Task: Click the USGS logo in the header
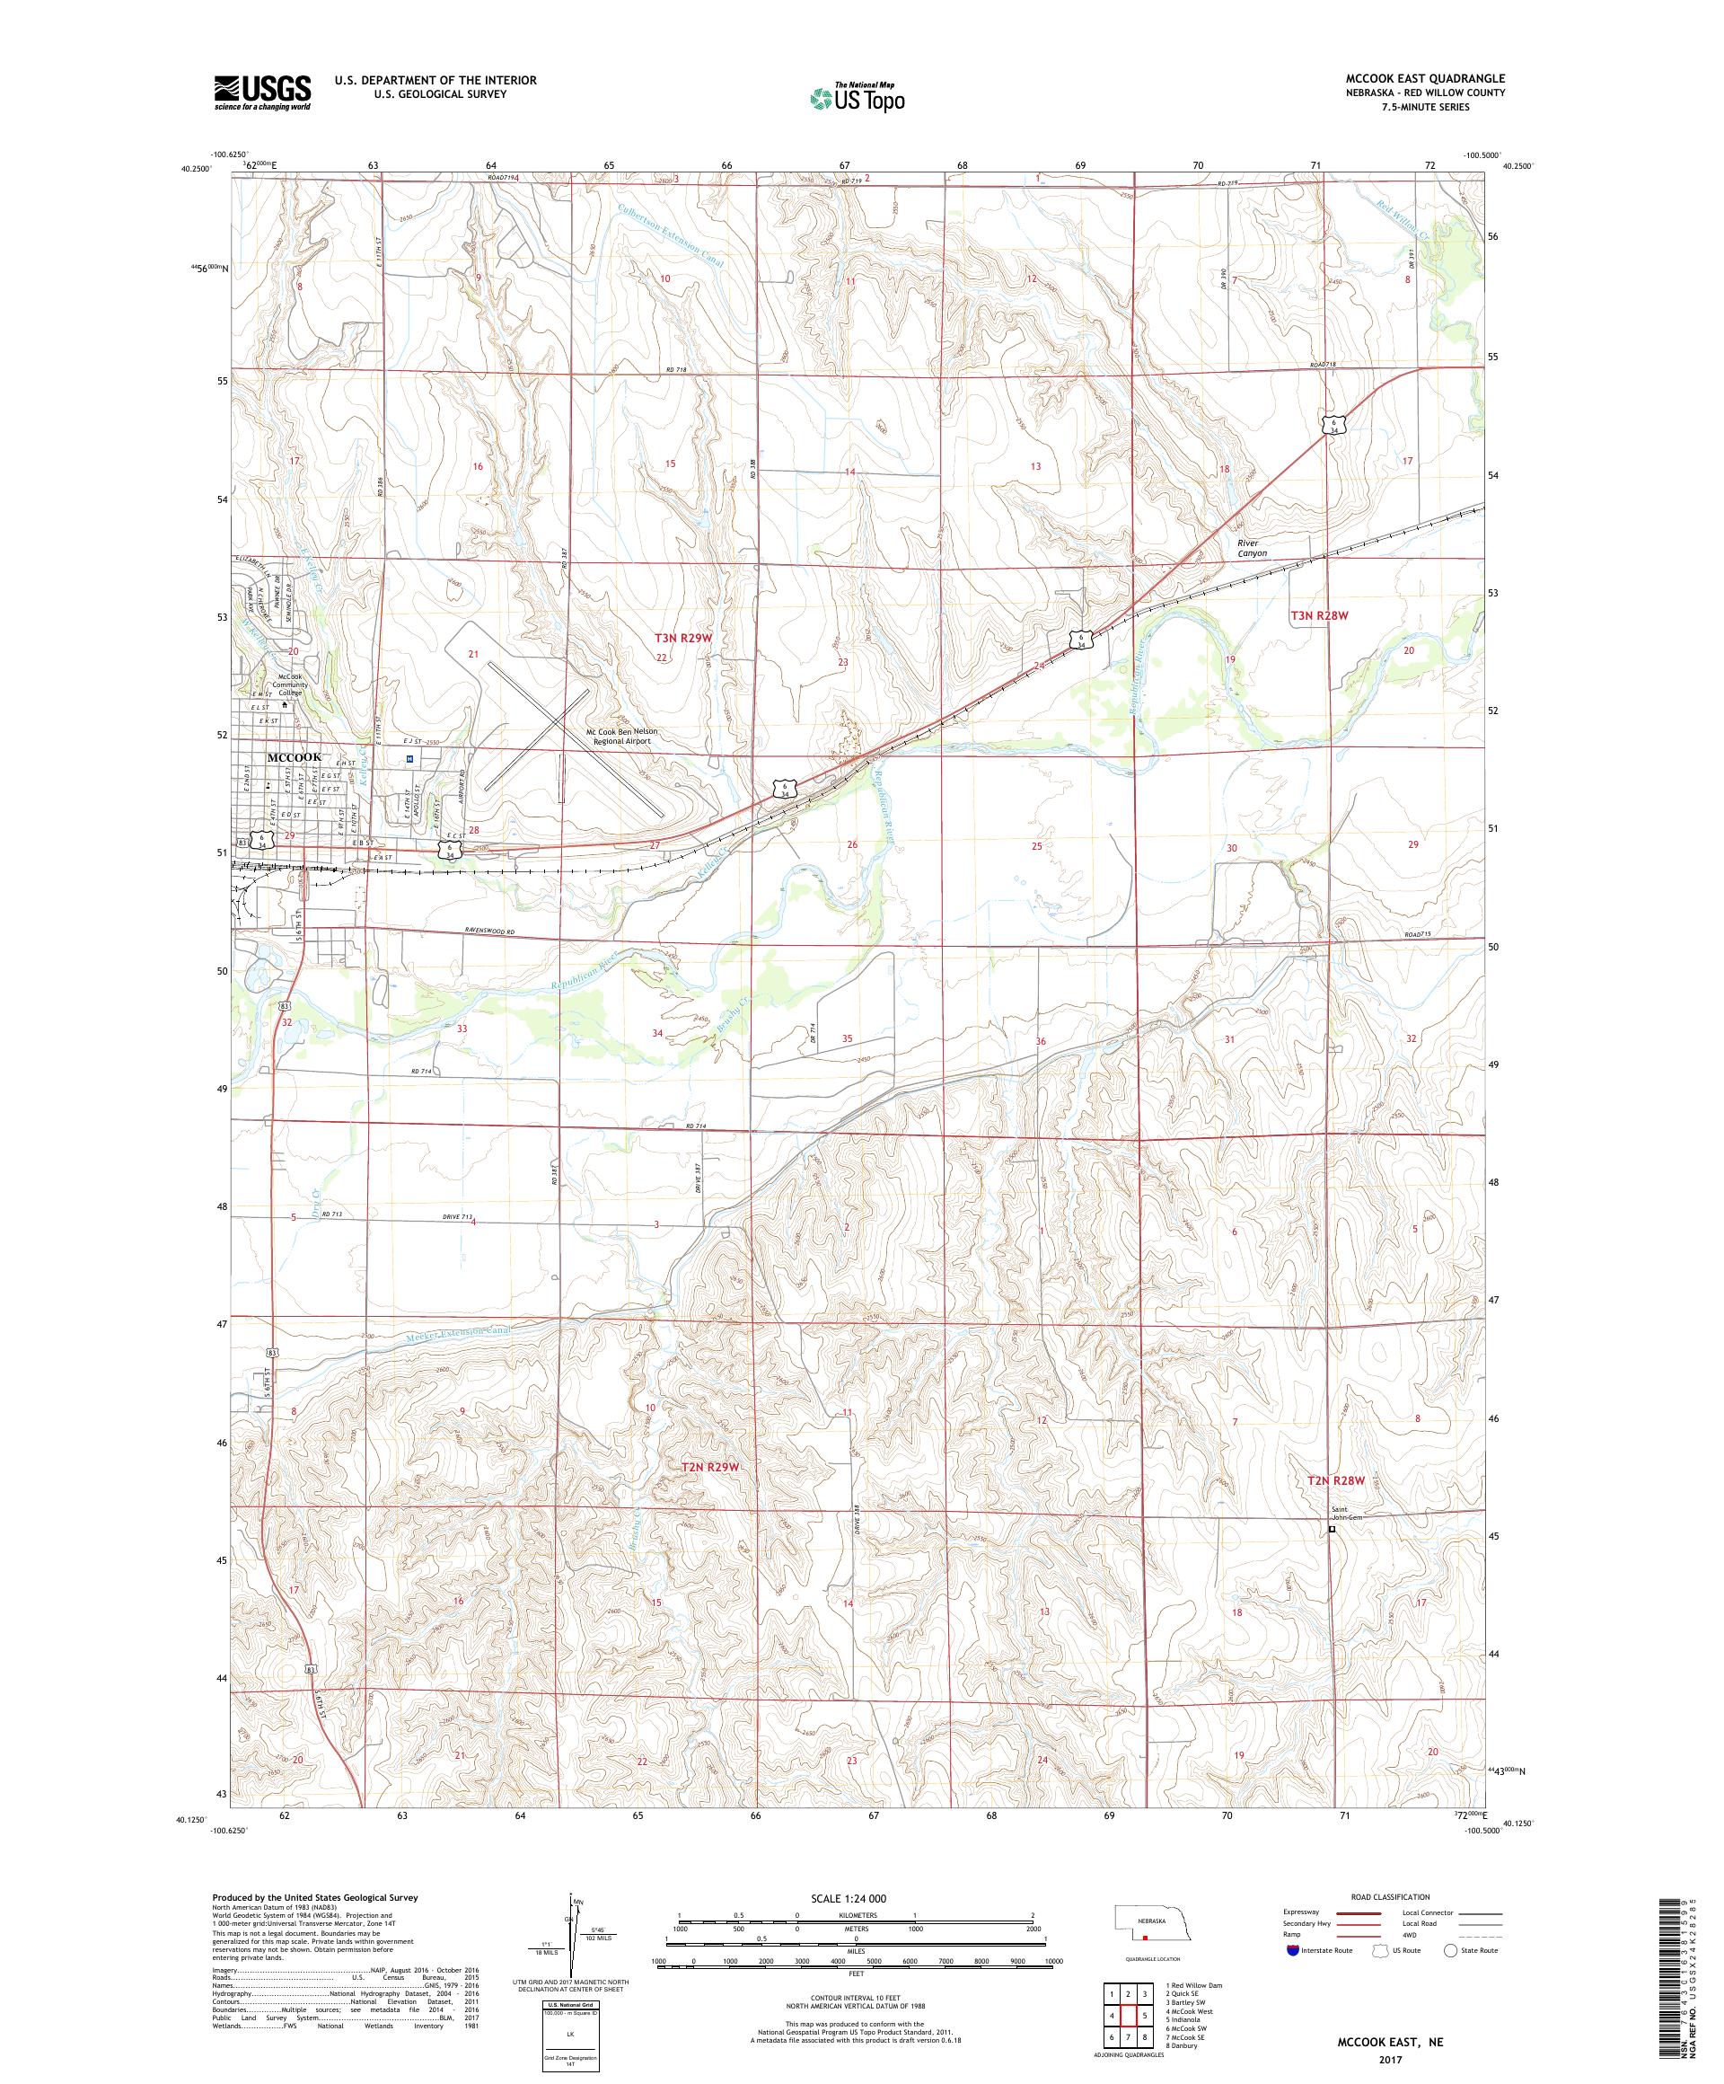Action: point(262,93)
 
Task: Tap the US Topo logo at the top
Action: point(858,97)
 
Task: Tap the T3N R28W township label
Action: point(1319,615)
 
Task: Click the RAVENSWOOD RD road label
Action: point(492,932)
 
